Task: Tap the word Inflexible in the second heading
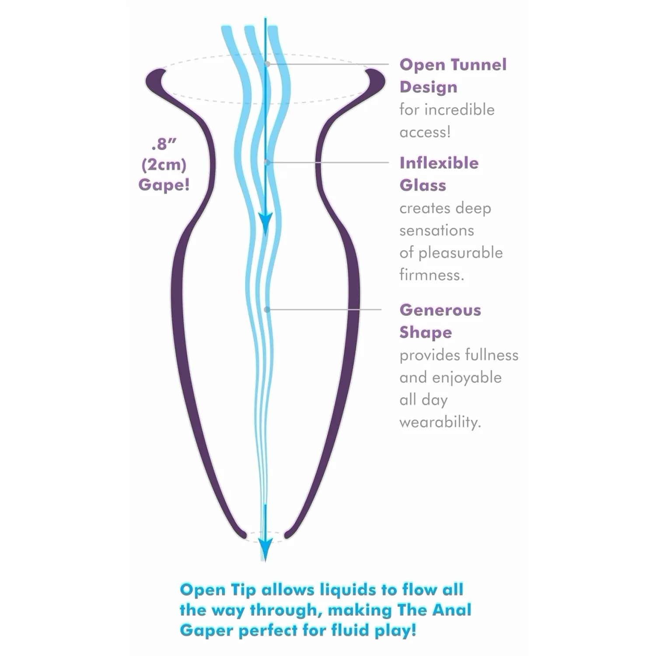tap(439, 163)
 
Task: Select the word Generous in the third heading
tap(440, 310)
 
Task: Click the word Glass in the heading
tap(423, 185)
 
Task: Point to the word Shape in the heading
tap(426, 333)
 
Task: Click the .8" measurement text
tap(164, 144)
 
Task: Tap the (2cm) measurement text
tap(164, 165)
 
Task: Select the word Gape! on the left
tap(164, 185)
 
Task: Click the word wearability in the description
tap(440, 422)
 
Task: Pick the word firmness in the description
tap(432, 275)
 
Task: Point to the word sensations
tap(436, 230)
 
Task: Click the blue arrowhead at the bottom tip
tap(265, 548)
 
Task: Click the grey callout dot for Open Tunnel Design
tap(267, 64)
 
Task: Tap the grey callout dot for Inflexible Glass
tap(267, 162)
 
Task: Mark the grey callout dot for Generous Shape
tap(267, 310)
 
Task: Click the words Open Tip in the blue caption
tap(217, 590)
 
